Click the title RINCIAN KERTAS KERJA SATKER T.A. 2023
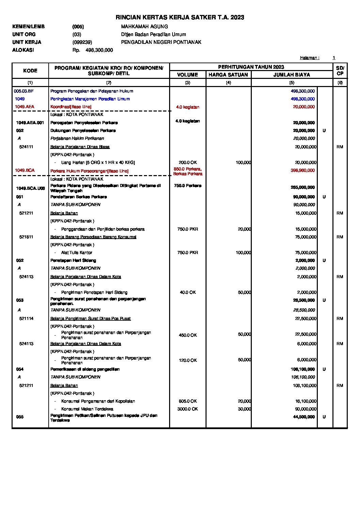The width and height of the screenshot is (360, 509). tap(180, 17)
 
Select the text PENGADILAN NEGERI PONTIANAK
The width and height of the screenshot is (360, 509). tap(161, 42)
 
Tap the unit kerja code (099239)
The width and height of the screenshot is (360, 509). tap(82, 42)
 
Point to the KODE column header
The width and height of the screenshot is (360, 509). tap(30, 71)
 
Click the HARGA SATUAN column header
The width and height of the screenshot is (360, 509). tap(228, 75)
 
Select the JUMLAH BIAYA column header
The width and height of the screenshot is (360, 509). tap(292, 75)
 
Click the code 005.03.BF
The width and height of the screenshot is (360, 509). tap(24, 91)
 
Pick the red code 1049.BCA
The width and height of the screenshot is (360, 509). tap(24, 170)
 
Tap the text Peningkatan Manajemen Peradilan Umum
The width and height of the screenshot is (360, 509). tap(90, 99)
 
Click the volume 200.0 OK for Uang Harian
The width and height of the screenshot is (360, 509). tap(187, 163)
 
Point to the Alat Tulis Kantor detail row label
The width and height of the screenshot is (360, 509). tap(77, 253)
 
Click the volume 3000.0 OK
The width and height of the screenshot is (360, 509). tap(187, 409)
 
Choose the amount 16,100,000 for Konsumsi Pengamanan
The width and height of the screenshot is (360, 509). tap(306, 401)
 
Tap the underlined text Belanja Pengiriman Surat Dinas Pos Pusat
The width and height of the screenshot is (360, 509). tap(90, 319)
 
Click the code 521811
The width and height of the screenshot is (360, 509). tap(26, 237)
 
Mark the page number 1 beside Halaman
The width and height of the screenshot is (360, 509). tap(334, 58)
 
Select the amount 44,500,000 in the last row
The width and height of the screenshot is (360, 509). tap(304, 417)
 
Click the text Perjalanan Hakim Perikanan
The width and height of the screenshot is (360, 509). tap(77, 138)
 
